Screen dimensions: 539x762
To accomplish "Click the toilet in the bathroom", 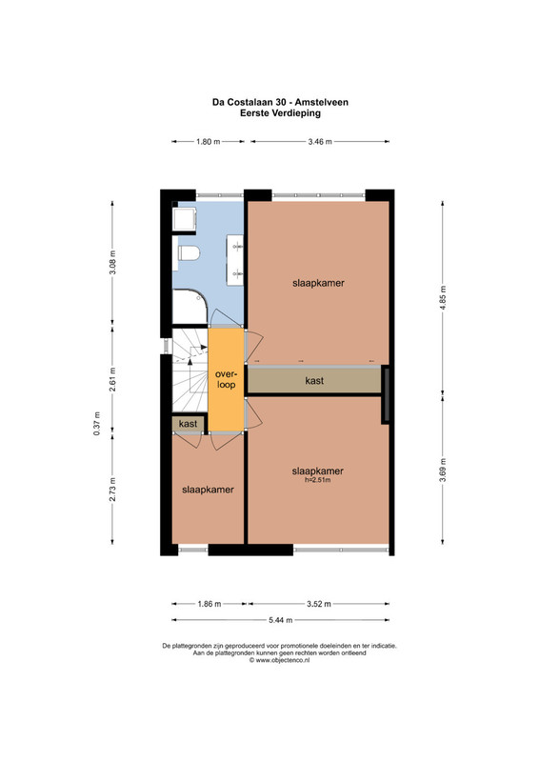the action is click(x=190, y=253).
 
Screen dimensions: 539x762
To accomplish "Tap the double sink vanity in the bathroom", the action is click(x=235, y=260).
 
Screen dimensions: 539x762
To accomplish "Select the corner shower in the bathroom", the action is click(x=190, y=307).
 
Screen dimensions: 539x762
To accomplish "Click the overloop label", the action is click(x=226, y=379).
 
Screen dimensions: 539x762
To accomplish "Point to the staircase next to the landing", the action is click(x=190, y=371).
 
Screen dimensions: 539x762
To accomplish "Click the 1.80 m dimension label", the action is click(x=208, y=142).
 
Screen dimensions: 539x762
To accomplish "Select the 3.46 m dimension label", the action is click(x=320, y=142).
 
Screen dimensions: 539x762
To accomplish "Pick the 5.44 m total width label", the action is click(x=281, y=620).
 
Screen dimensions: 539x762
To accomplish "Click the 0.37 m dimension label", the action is click(x=97, y=423).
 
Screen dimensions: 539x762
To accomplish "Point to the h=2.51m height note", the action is click(x=318, y=480).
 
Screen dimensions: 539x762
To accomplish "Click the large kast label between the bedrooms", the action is click(x=314, y=380).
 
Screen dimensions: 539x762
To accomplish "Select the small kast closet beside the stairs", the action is click(x=189, y=423).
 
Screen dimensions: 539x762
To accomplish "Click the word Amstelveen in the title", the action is click(x=322, y=103).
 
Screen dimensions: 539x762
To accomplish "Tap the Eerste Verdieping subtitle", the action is click(x=280, y=113).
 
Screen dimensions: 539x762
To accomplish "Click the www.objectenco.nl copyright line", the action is click(x=279, y=660).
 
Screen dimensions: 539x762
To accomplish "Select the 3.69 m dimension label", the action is click(x=442, y=471).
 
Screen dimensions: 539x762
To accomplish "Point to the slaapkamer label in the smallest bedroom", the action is click(x=208, y=490).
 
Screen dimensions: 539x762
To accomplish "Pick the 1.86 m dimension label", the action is click(x=210, y=604).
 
